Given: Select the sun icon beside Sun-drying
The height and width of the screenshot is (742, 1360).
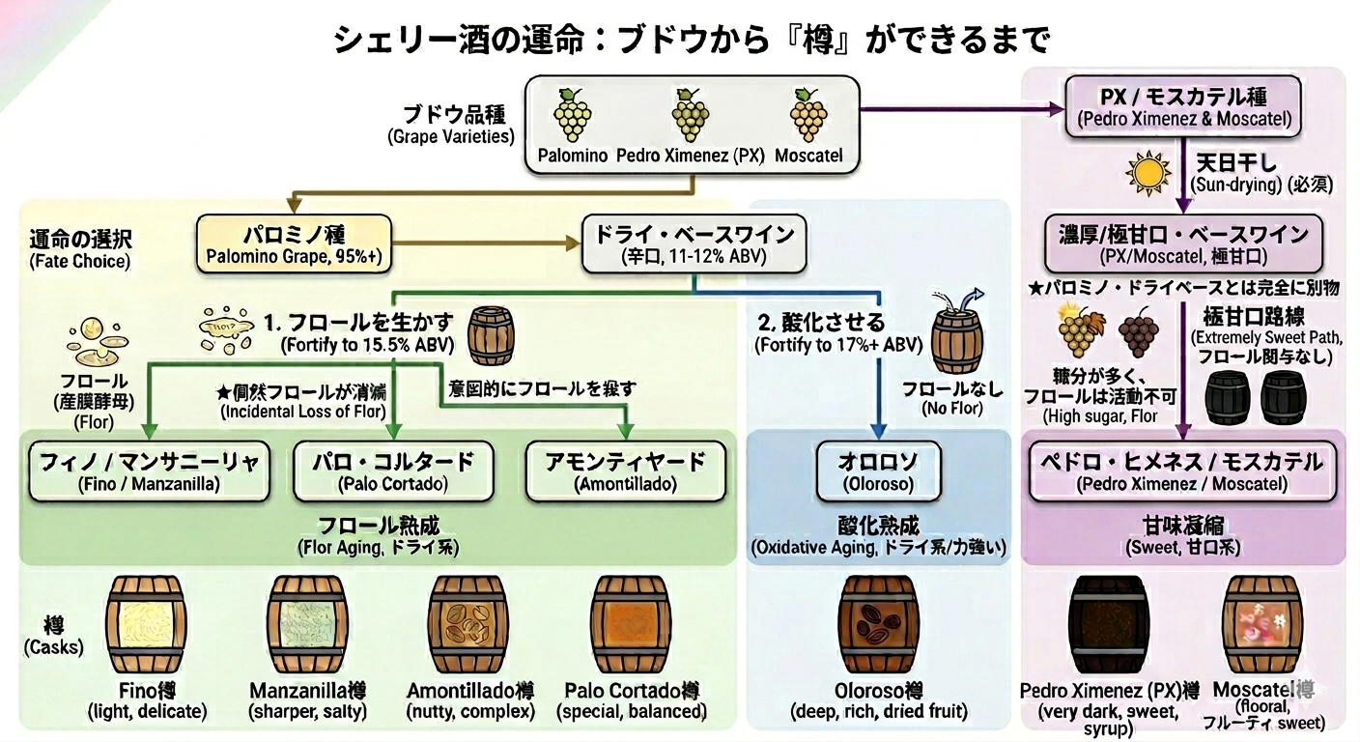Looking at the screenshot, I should coord(1148,174).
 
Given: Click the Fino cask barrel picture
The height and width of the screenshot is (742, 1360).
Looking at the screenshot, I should coord(146,625).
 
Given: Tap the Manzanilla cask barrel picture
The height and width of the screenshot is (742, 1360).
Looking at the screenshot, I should coord(308,625).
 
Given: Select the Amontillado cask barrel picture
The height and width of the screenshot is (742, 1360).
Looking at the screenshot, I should coord(468,625).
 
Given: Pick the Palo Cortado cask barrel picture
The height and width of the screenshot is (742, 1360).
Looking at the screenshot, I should coord(631,625).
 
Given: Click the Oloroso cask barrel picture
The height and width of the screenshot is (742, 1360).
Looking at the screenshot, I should coord(878,625).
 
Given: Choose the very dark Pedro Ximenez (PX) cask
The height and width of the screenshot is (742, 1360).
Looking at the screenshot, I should coord(1108,625).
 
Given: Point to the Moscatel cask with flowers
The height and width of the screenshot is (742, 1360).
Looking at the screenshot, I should coord(1262,625).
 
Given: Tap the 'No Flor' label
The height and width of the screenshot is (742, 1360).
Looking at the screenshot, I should coord(942,408).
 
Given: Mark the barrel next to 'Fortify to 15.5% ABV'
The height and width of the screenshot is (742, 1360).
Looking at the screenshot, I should coord(491,335).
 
